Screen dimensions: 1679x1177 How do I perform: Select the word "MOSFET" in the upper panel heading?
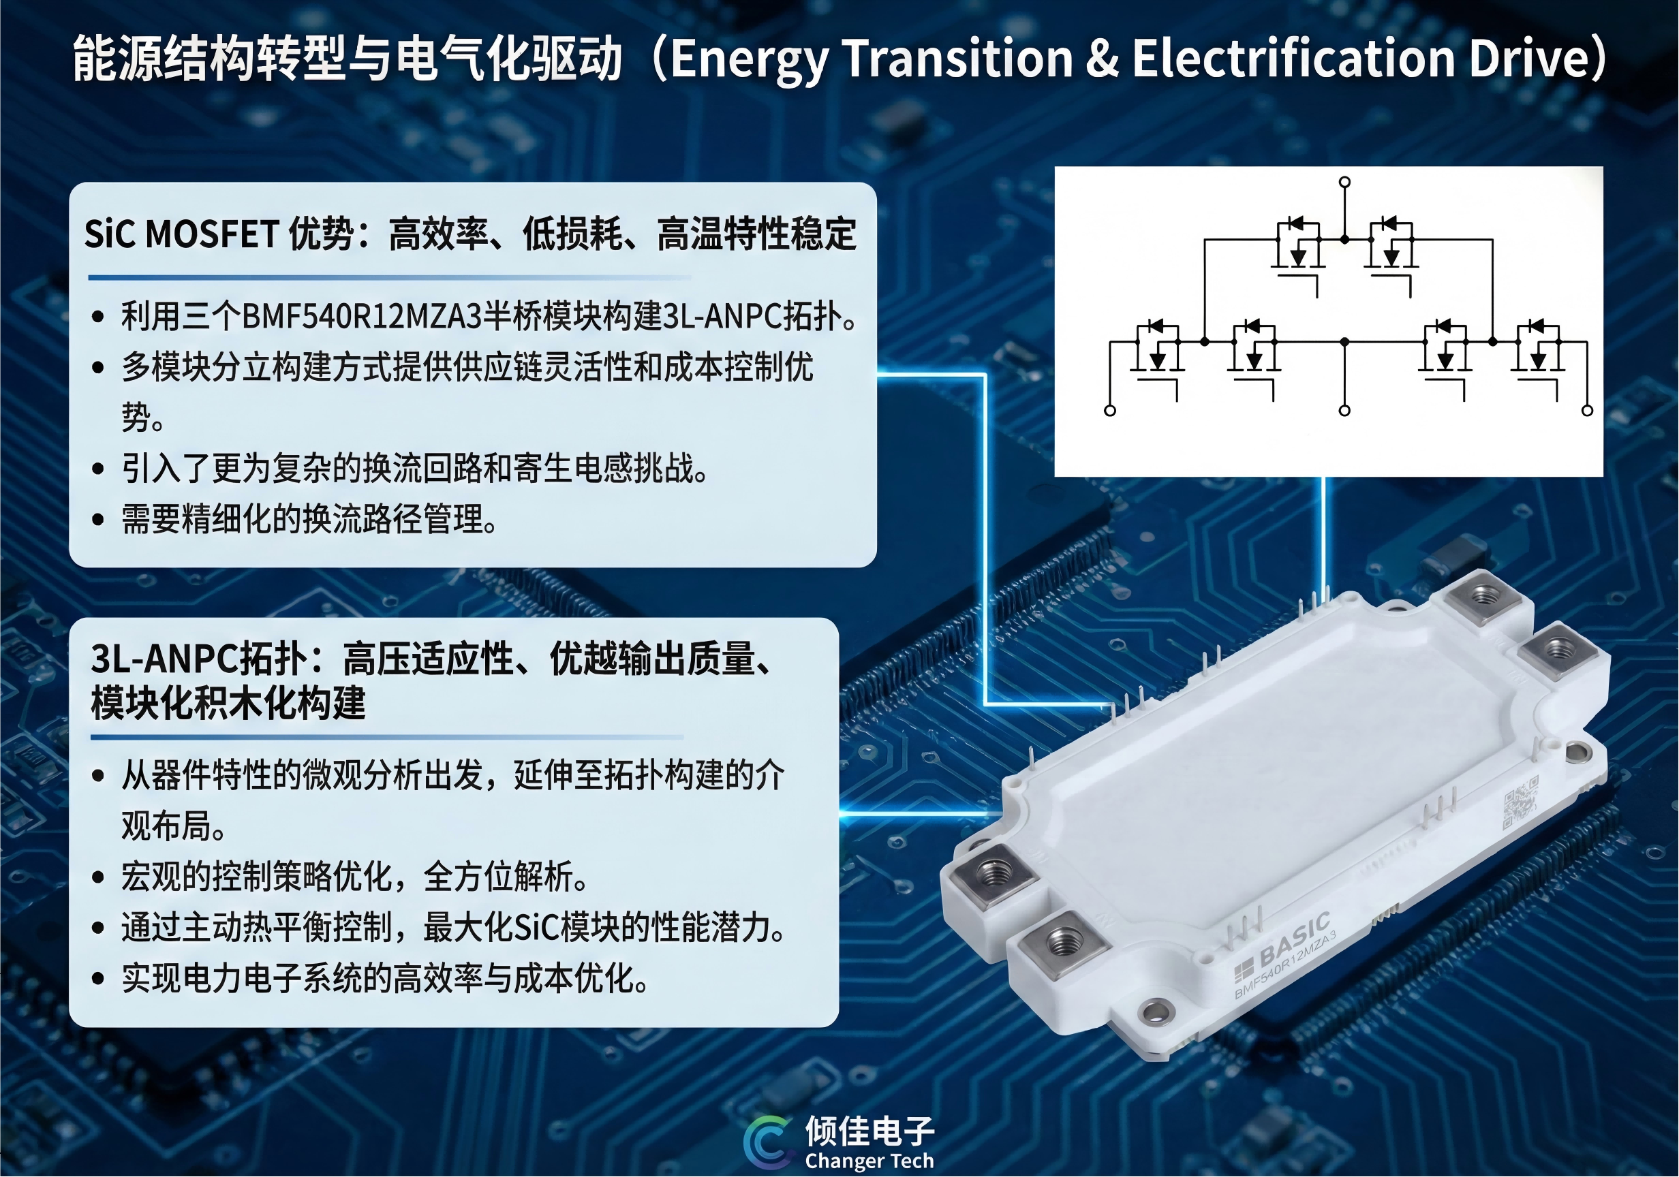tap(212, 234)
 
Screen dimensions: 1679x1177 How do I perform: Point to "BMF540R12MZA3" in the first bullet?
tap(362, 317)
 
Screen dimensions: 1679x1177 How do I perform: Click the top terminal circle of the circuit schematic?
tap(1344, 181)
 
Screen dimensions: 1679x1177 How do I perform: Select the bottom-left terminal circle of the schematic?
tap(1110, 411)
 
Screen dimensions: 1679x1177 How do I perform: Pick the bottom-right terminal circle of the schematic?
tap(1587, 411)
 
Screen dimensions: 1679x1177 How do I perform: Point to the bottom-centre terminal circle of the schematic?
tap(1344, 411)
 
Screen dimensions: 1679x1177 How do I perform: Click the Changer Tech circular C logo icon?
tap(767, 1142)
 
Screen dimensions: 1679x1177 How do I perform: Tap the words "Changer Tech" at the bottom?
tap(869, 1161)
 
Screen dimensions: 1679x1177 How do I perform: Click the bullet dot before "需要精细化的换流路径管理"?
tap(98, 520)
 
